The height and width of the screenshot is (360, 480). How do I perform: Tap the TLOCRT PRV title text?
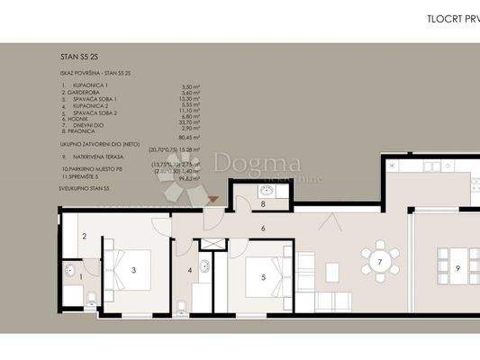click(x=451, y=17)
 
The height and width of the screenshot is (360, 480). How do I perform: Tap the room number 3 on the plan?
click(x=132, y=269)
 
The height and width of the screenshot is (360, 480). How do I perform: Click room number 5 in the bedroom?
click(x=263, y=277)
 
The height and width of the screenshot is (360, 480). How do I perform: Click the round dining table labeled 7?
click(x=380, y=262)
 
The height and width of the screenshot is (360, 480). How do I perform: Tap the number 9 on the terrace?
click(x=457, y=267)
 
